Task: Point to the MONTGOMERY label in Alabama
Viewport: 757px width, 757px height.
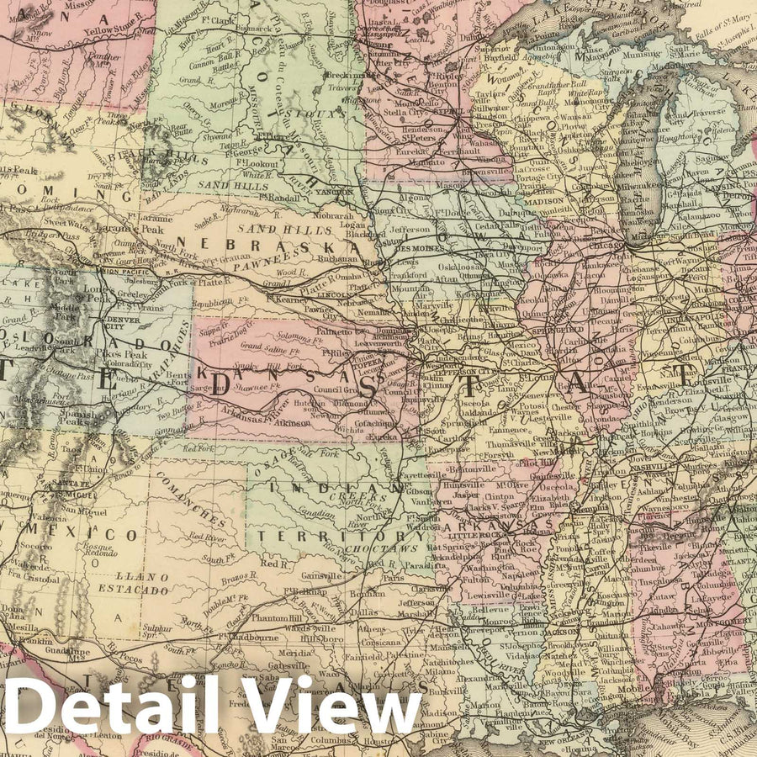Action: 720,622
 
